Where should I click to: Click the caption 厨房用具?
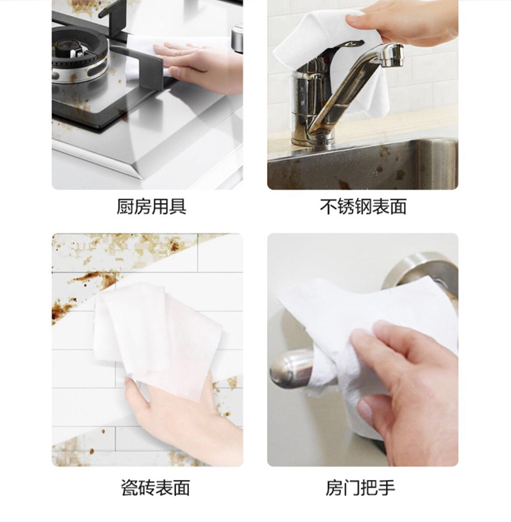151,206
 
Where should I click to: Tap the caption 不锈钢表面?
363,206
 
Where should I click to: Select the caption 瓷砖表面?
155,488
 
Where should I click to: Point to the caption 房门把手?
360,488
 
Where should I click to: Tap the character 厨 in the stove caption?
125,206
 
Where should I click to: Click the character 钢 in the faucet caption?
363,206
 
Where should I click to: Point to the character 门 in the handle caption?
351,488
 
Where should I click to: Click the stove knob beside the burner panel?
237,38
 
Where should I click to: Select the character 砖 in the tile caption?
147,488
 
